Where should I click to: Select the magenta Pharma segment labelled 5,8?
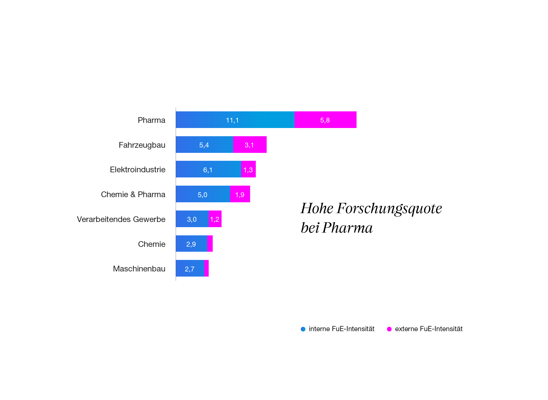[x=325, y=120]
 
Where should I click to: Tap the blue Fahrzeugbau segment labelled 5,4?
[x=204, y=145]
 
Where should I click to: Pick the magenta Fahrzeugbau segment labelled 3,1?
[x=250, y=145]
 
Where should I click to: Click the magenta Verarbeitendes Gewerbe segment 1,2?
[x=215, y=219]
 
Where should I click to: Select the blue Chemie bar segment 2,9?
[x=191, y=244]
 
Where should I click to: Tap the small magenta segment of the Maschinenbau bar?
[x=207, y=268]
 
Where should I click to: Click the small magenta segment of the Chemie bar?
[x=210, y=244]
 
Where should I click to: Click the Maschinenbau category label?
[x=139, y=269]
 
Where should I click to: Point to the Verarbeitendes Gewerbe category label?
[x=121, y=219]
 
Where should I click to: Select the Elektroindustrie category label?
[x=138, y=169]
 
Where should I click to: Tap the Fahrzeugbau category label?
[x=142, y=145]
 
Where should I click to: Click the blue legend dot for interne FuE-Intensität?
[x=303, y=329]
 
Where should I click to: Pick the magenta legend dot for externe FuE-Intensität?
[x=389, y=329]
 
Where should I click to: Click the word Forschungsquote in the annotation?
[x=389, y=209]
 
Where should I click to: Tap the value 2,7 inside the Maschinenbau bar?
[x=190, y=269]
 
